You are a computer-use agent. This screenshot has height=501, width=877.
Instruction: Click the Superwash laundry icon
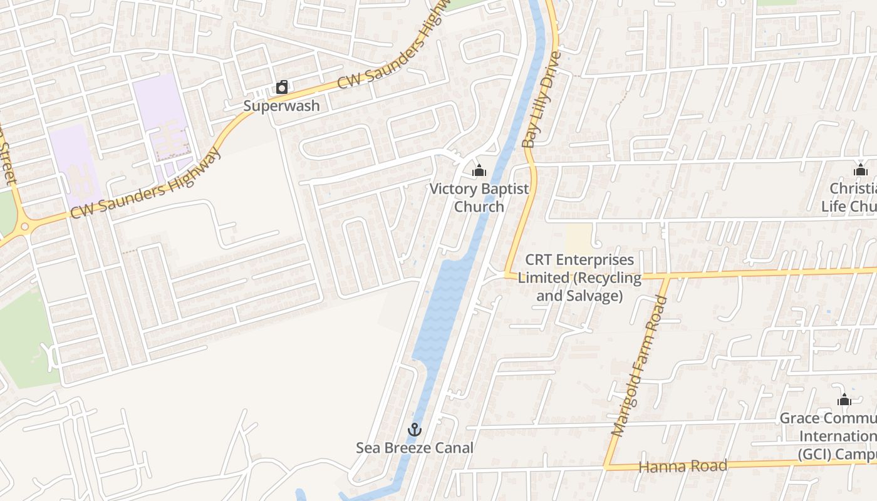(282, 87)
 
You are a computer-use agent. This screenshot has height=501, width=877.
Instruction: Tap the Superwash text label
(281, 105)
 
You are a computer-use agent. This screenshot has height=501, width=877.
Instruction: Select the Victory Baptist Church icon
(479, 170)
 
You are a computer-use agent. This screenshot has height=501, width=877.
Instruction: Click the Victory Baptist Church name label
(479, 197)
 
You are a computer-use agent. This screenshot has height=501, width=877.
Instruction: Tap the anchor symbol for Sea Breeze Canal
(414, 430)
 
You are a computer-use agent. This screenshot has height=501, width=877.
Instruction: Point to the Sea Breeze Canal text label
(415, 448)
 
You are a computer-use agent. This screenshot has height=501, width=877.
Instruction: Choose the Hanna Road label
(683, 466)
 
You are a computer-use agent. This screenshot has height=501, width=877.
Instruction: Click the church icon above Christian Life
(860, 170)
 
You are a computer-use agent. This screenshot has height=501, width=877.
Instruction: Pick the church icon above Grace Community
(844, 400)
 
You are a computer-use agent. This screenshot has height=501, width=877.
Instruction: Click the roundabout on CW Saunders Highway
(22, 225)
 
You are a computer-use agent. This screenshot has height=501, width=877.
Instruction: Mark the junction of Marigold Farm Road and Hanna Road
(606, 467)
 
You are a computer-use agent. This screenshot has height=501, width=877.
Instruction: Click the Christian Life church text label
(852, 197)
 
